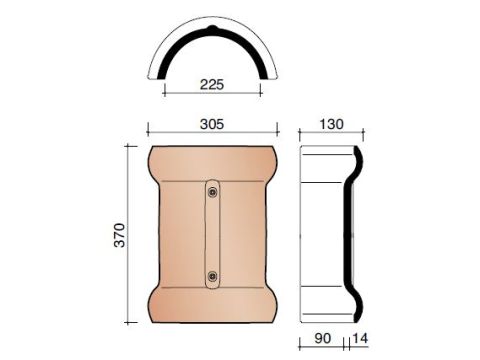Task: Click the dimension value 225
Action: [212, 84]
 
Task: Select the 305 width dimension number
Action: [212, 124]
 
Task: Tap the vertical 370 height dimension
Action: [119, 235]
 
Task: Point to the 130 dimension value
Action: [331, 124]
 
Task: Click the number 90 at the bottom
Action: [322, 338]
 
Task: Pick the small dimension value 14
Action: [360, 338]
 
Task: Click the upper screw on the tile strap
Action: [212, 192]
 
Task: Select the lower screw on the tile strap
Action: [212, 276]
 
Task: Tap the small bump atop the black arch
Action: [212, 28]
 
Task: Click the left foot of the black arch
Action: [161, 76]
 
